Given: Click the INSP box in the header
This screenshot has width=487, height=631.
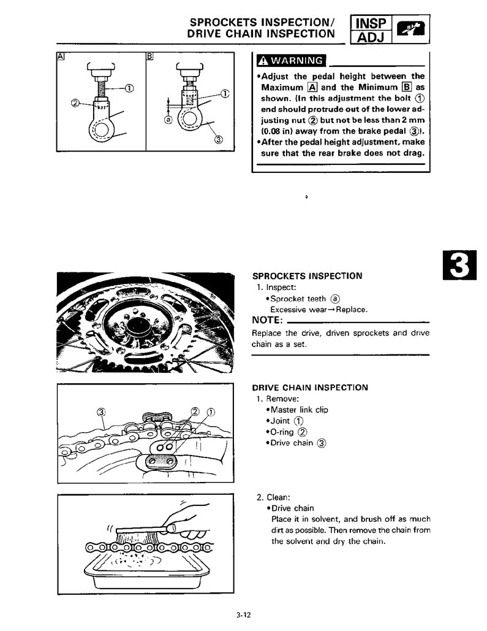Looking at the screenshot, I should coord(371,25).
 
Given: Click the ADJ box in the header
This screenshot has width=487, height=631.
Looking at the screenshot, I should coord(371,39).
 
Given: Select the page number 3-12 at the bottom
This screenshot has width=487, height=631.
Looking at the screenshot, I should coord(243,615).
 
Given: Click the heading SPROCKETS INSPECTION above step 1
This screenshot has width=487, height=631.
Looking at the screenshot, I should coord(307,276).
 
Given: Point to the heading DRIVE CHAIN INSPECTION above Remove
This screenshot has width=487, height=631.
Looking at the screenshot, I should coord(310,388).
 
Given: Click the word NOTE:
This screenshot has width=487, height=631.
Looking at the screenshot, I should coord(267,321).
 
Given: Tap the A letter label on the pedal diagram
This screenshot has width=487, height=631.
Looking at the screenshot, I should coord(60,56).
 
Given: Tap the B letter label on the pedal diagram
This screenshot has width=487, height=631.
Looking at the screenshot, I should coord(149,56).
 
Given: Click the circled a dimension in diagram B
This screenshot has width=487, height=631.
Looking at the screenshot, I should coord(167,120).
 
